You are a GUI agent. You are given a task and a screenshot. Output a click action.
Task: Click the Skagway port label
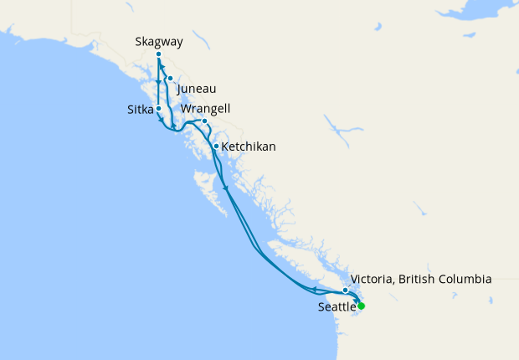click(158, 41)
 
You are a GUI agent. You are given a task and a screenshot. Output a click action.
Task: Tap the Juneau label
click(198, 87)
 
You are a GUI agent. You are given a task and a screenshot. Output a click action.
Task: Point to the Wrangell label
click(205, 109)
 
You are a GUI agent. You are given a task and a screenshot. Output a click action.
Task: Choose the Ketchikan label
click(249, 147)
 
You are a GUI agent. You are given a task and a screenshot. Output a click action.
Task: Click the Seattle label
click(337, 307)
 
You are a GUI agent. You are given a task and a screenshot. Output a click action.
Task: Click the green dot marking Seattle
click(361, 306)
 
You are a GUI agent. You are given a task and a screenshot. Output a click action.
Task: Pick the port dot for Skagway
click(158, 55)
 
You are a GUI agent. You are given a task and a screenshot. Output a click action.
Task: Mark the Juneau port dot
click(170, 79)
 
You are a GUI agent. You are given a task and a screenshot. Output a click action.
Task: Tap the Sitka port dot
click(158, 109)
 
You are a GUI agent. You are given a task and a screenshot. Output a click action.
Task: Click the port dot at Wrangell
click(204, 121)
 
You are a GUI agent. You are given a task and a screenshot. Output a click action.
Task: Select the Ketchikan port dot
click(216, 147)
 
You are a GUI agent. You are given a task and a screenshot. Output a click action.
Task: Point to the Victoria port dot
click(345, 290)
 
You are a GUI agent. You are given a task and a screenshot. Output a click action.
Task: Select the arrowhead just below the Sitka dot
click(160, 119)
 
